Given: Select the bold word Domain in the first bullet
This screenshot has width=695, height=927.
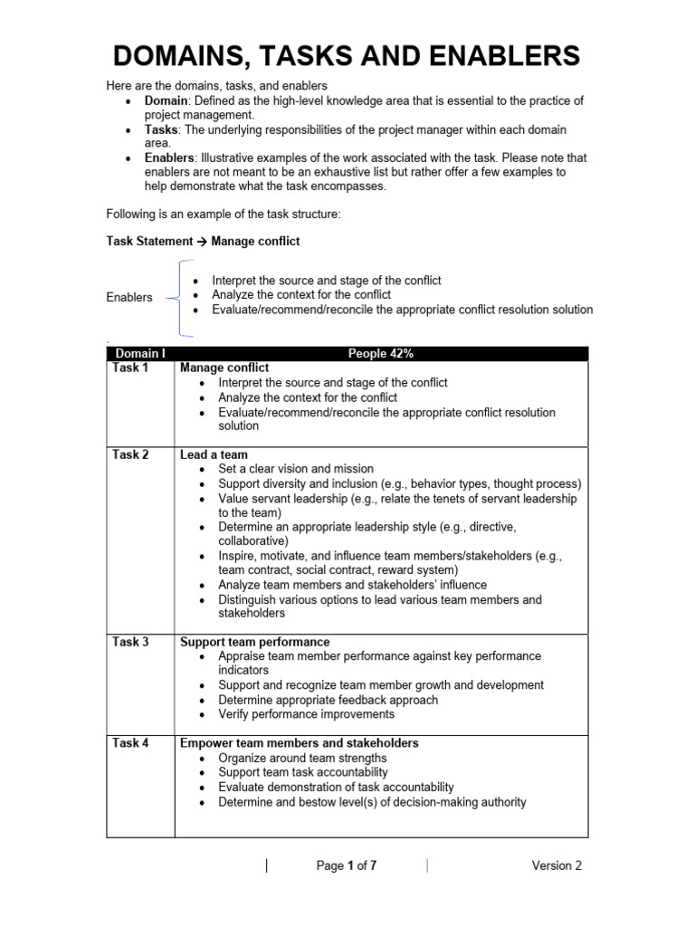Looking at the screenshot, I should pyautogui.click(x=167, y=100).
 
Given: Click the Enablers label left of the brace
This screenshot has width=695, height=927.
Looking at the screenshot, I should pyautogui.click(x=129, y=297).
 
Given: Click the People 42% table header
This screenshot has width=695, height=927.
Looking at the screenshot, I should pyautogui.click(x=380, y=353).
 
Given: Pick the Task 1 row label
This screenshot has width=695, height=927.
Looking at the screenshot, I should pyautogui.click(x=131, y=368).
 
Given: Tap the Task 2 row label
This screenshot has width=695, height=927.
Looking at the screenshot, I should pyautogui.click(x=131, y=454).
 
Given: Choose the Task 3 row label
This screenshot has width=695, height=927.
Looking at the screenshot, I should pyautogui.click(x=131, y=642).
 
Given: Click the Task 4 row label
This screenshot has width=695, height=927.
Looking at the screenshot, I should pyautogui.click(x=131, y=743).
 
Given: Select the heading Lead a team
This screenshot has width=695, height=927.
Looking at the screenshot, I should pyautogui.click(x=214, y=454).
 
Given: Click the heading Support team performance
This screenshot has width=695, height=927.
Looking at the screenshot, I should pyautogui.click(x=255, y=642).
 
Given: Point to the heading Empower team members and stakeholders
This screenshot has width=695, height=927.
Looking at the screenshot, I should pyautogui.click(x=299, y=743).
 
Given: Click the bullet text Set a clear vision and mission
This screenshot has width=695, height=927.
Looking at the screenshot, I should pyautogui.click(x=296, y=469).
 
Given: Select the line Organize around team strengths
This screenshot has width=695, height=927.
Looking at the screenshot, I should pyautogui.click(x=302, y=758).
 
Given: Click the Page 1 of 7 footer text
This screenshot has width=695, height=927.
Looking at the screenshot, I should pyautogui.click(x=347, y=865).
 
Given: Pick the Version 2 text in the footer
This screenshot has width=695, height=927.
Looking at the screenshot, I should pyautogui.click(x=557, y=865).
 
